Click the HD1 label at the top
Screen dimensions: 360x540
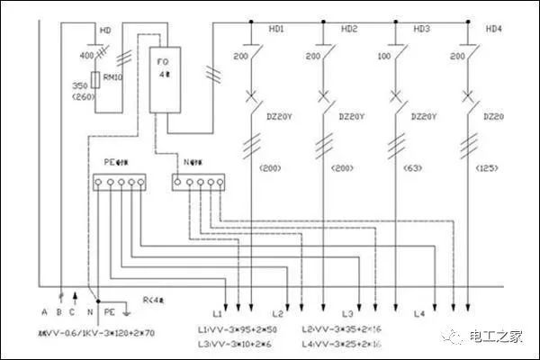point(276,30)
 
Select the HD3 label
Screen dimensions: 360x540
point(421,30)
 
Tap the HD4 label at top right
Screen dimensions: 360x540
point(494,30)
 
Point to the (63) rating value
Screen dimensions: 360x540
point(421,167)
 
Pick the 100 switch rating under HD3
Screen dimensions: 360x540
point(385,56)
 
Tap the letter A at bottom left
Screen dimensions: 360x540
point(43,311)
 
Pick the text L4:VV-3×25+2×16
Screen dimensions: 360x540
point(340,344)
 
